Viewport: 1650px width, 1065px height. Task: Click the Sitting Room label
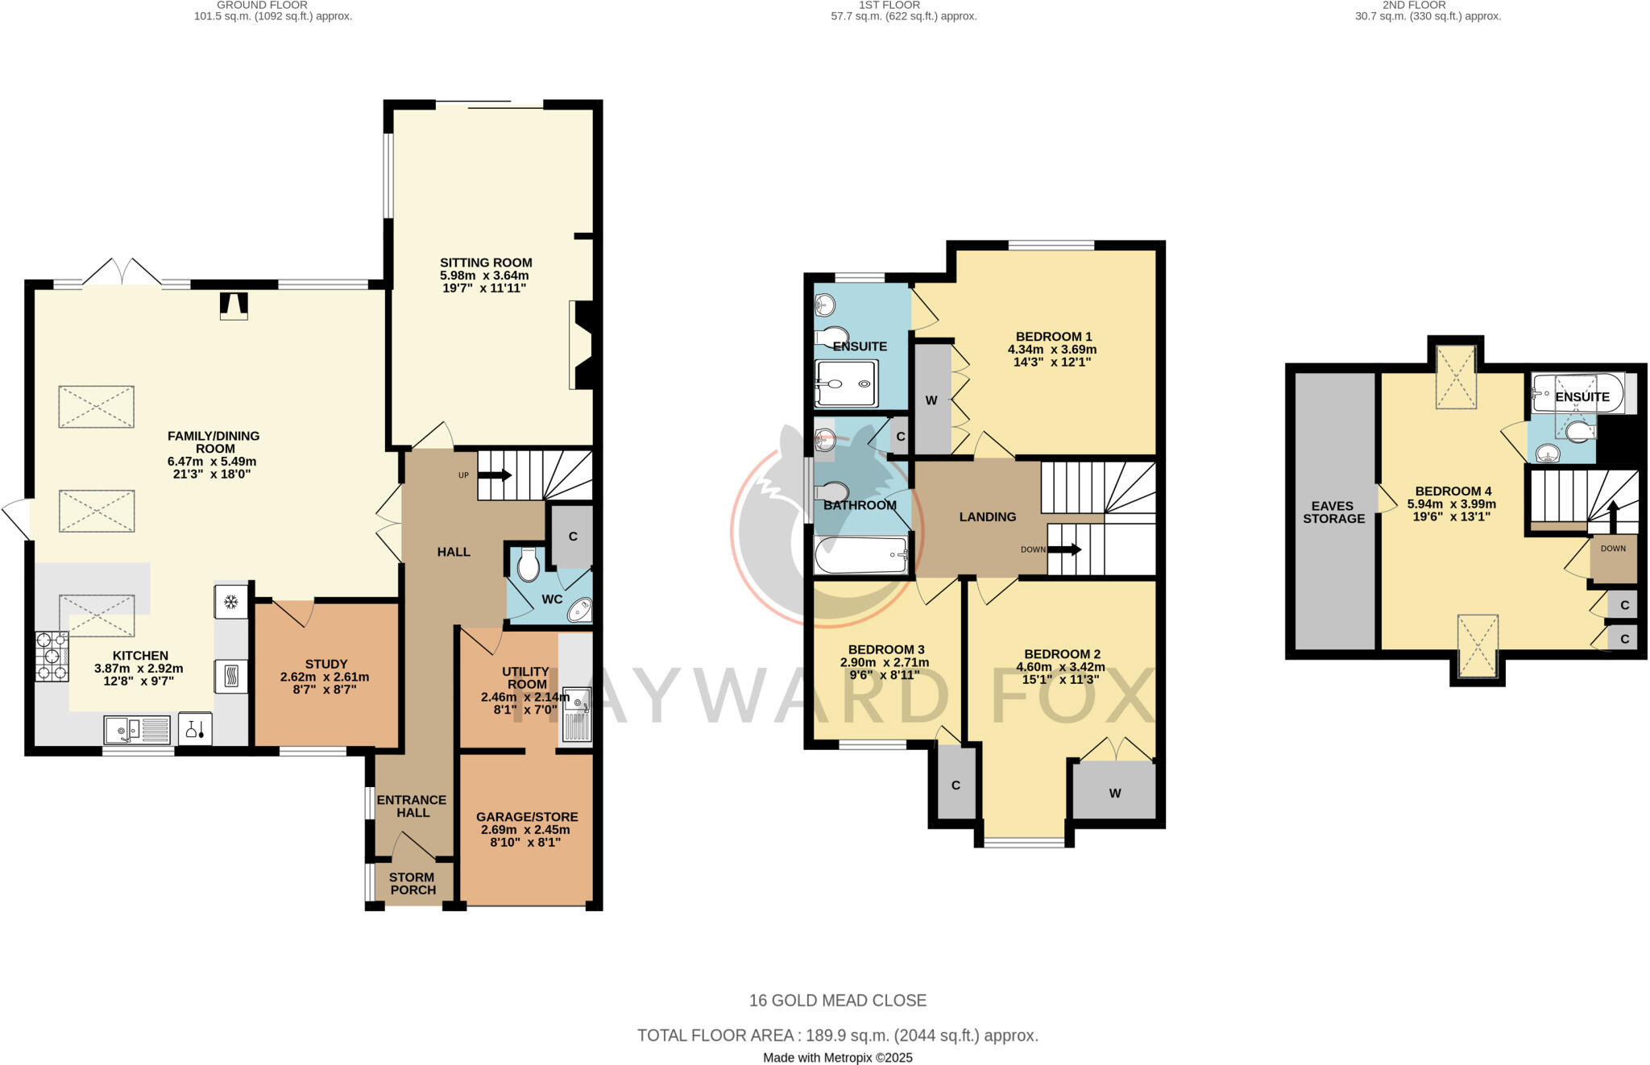coord(486,263)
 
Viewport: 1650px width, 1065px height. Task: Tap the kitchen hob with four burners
coord(52,657)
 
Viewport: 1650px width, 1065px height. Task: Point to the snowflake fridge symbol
coord(231,602)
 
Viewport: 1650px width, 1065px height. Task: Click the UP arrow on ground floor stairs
coord(494,475)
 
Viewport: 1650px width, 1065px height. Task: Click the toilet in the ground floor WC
coord(528,565)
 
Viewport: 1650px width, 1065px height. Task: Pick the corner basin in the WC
coord(579,611)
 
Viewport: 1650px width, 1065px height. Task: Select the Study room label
coord(325,665)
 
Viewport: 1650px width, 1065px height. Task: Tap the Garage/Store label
coord(526,816)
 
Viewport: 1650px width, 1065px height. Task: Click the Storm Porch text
coord(412,884)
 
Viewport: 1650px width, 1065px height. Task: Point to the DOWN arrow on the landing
coord(1064,549)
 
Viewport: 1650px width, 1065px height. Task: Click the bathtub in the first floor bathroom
coord(860,556)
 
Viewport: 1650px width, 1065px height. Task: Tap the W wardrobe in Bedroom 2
coord(1114,793)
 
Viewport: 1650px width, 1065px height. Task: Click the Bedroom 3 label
coord(886,649)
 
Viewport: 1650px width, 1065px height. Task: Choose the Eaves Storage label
coord(1333,512)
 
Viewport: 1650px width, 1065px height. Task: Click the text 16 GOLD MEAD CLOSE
coord(838,1001)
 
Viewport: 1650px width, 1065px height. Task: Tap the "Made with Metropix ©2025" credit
coord(838,1058)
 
